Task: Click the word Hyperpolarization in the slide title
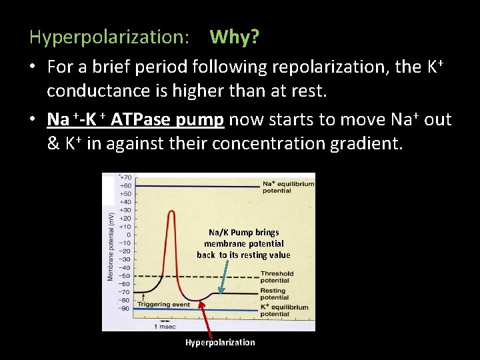click(x=109, y=37)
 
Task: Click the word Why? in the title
click(x=235, y=37)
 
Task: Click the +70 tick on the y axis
click(x=125, y=178)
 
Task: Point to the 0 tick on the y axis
click(x=128, y=235)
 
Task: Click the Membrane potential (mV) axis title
click(x=110, y=245)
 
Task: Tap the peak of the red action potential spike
click(x=172, y=212)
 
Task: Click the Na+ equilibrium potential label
click(x=277, y=187)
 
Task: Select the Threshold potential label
click(x=277, y=277)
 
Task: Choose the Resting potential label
click(x=274, y=294)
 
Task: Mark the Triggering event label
click(x=163, y=305)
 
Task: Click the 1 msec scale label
click(x=165, y=326)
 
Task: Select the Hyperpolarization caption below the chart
click(x=220, y=343)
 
